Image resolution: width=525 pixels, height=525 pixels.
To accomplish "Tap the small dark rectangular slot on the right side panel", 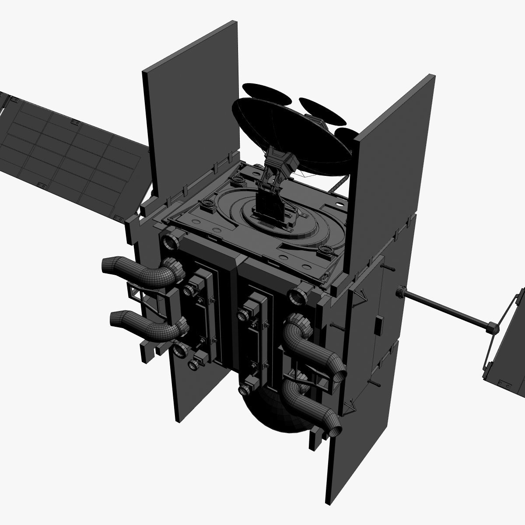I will (x=378, y=326).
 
